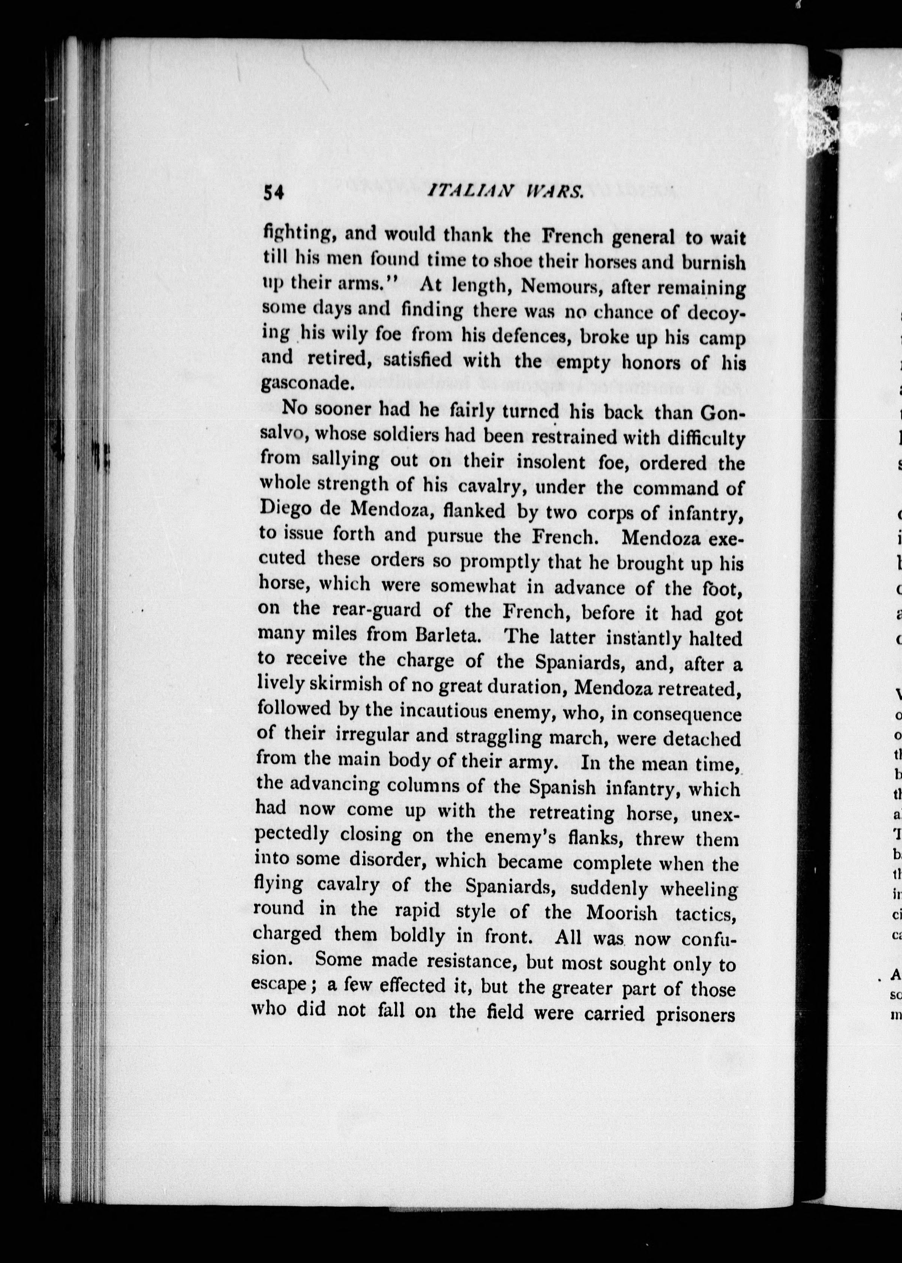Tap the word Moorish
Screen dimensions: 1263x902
click(622, 912)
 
